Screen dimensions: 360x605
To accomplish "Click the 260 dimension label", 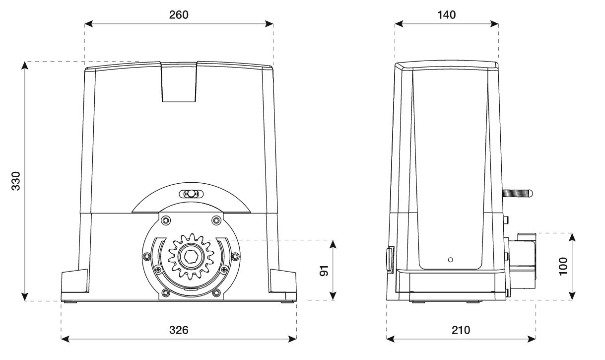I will point(179,15).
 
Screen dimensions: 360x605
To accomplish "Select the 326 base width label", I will point(179,330).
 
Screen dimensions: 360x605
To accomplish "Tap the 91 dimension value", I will point(324,271).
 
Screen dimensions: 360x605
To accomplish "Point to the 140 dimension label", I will point(447,15).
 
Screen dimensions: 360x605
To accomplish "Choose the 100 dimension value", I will point(563,267).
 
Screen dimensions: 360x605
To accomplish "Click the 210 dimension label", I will point(461,330).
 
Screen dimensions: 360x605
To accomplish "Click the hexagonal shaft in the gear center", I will point(192,257).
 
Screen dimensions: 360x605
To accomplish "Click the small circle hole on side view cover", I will point(450,259).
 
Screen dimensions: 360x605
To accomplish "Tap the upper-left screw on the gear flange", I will point(165,220).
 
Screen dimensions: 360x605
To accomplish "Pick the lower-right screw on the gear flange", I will point(215,292).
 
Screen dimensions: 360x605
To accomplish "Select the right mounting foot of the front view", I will point(283,283).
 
